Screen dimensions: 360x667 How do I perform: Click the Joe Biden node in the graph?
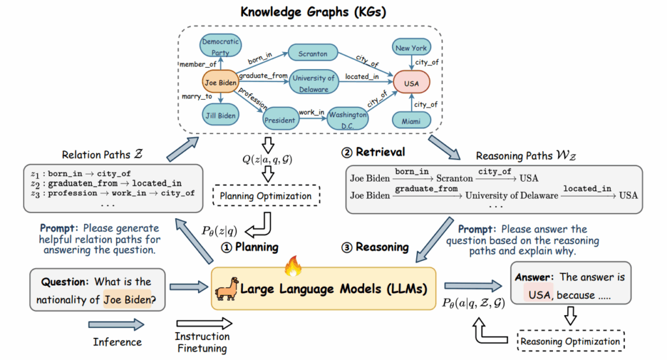[x=220, y=83]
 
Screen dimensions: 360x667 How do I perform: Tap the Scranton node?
[x=313, y=53]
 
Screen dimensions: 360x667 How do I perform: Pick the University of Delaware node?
[x=314, y=83]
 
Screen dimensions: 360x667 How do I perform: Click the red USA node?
[x=411, y=83]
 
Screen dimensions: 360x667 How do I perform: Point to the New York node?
[x=412, y=48]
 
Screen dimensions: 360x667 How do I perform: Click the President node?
[x=280, y=120]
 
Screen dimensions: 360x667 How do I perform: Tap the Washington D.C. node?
[x=347, y=118]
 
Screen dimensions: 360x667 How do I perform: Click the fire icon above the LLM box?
[x=291, y=266]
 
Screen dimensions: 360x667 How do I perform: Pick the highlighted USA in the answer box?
[x=539, y=295]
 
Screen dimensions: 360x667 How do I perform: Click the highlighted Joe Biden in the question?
[x=126, y=301]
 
